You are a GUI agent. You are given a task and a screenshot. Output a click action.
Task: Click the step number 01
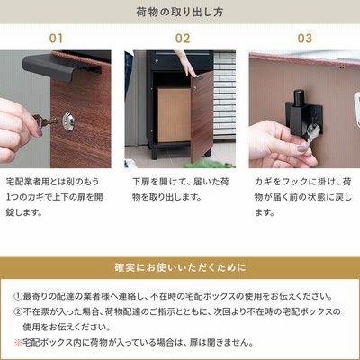coord(56,39)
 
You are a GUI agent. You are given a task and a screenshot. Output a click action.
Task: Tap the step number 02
coord(183,39)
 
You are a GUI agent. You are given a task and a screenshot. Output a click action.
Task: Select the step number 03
coord(305,39)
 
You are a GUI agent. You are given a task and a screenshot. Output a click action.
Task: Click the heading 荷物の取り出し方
coord(180,12)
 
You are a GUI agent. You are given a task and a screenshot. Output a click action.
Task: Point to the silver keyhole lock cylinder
coord(69,121)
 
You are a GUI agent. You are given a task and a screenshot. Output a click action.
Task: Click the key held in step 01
coord(45,121)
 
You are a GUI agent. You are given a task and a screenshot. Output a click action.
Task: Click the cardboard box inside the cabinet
coord(174,114)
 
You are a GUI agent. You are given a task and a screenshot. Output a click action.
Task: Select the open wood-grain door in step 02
coord(202,116)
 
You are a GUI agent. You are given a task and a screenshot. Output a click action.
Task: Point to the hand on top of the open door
coord(188,66)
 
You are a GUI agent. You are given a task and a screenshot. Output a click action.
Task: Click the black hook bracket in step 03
coord(303,114)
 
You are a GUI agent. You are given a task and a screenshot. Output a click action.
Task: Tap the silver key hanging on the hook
coord(312,132)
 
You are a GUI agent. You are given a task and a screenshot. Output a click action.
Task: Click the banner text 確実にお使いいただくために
coord(180,267)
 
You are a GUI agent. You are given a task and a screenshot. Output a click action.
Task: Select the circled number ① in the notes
coord(18,296)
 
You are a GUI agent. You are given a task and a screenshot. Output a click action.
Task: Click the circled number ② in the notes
coord(18,311)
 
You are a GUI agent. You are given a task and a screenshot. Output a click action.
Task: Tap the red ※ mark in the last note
coord(18,342)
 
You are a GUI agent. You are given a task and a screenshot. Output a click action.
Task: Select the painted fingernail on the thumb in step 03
coord(302,148)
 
